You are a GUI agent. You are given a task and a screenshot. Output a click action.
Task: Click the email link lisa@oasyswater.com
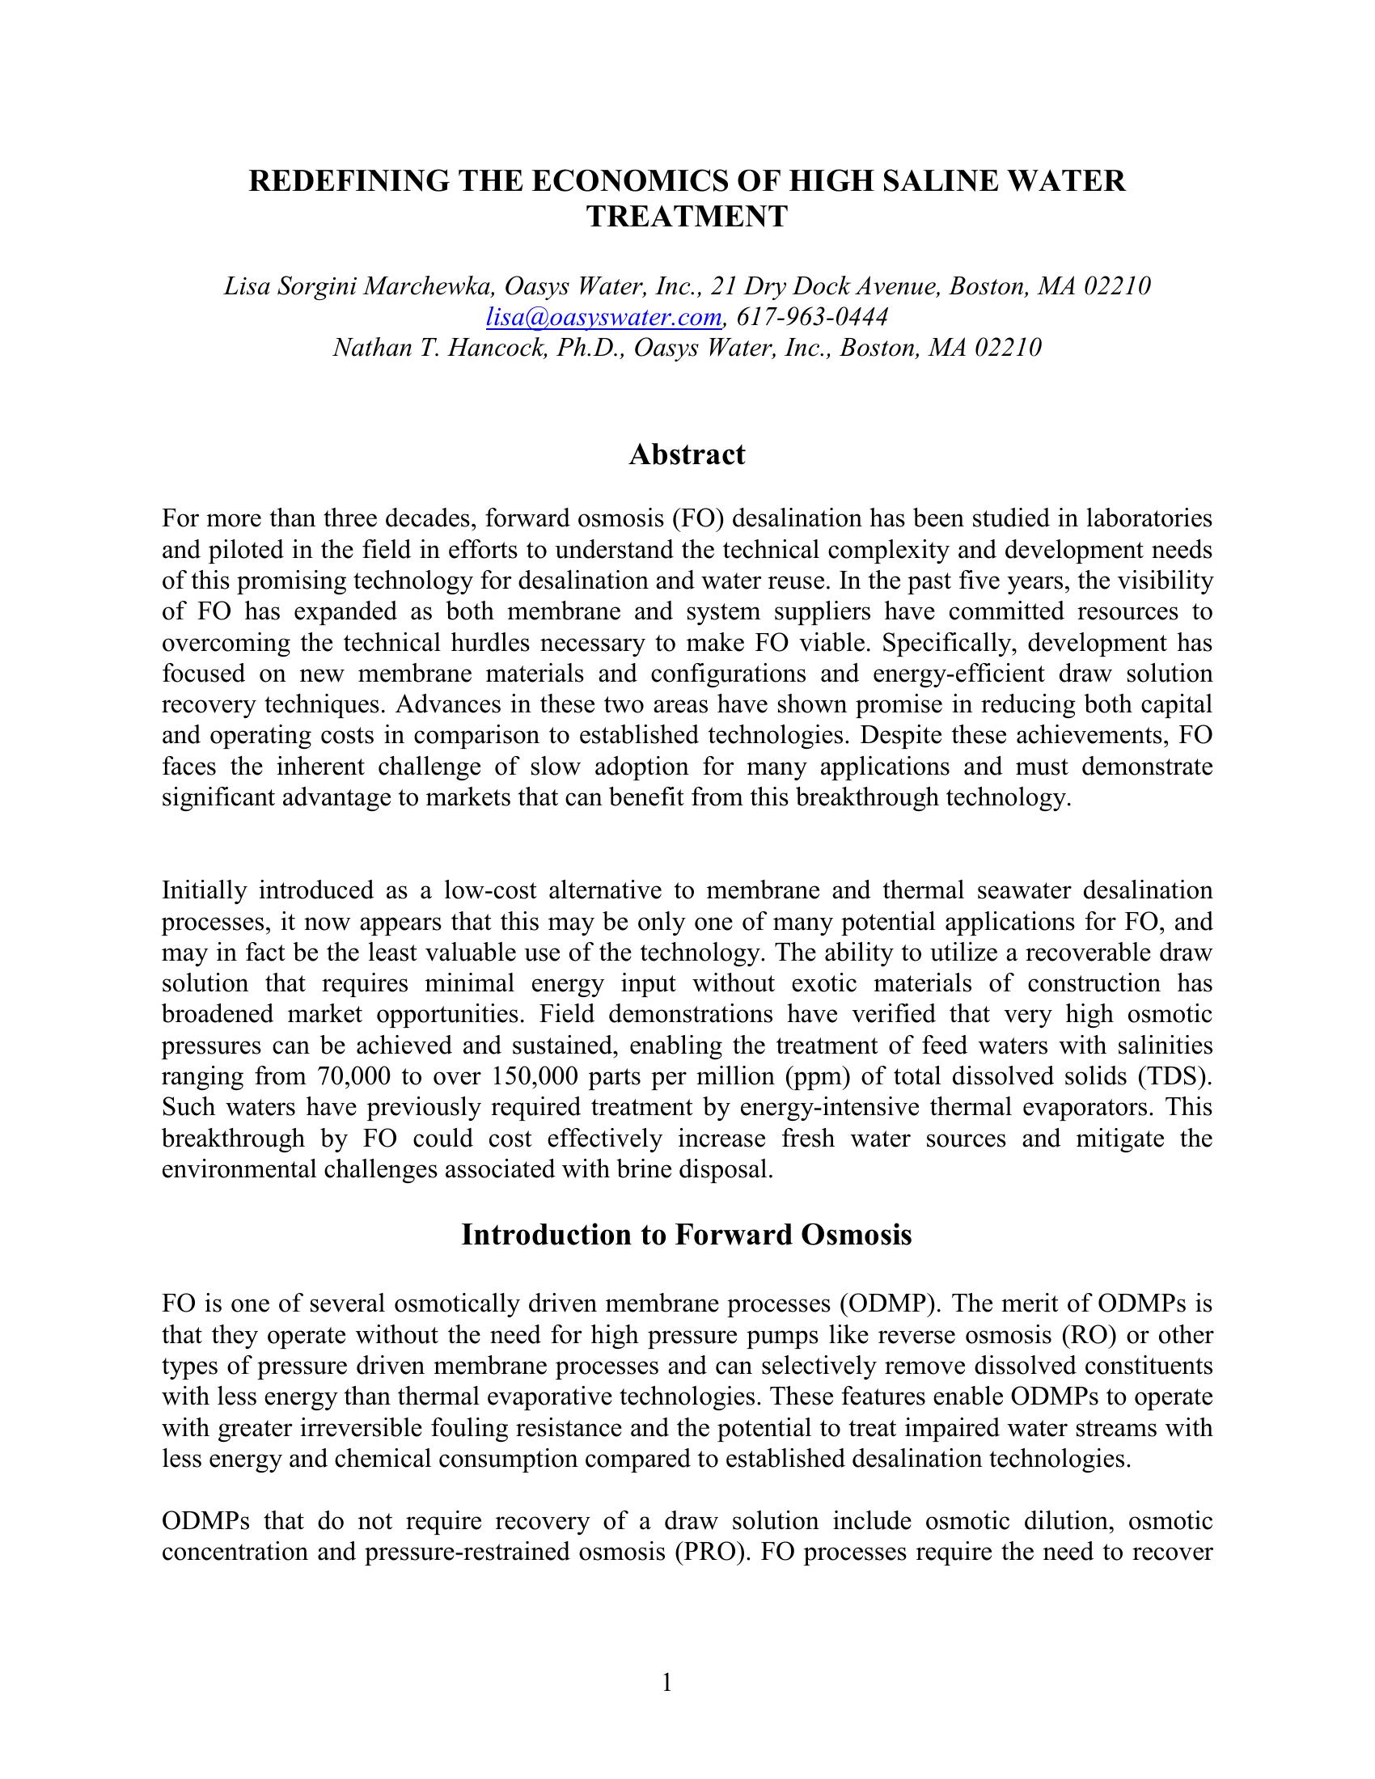click(x=603, y=317)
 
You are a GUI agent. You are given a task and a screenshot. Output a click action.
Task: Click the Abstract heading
click(x=687, y=454)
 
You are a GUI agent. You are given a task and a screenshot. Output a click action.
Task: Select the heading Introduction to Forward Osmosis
click(x=687, y=1234)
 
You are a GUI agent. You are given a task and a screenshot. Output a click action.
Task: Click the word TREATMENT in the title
click(x=687, y=217)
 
